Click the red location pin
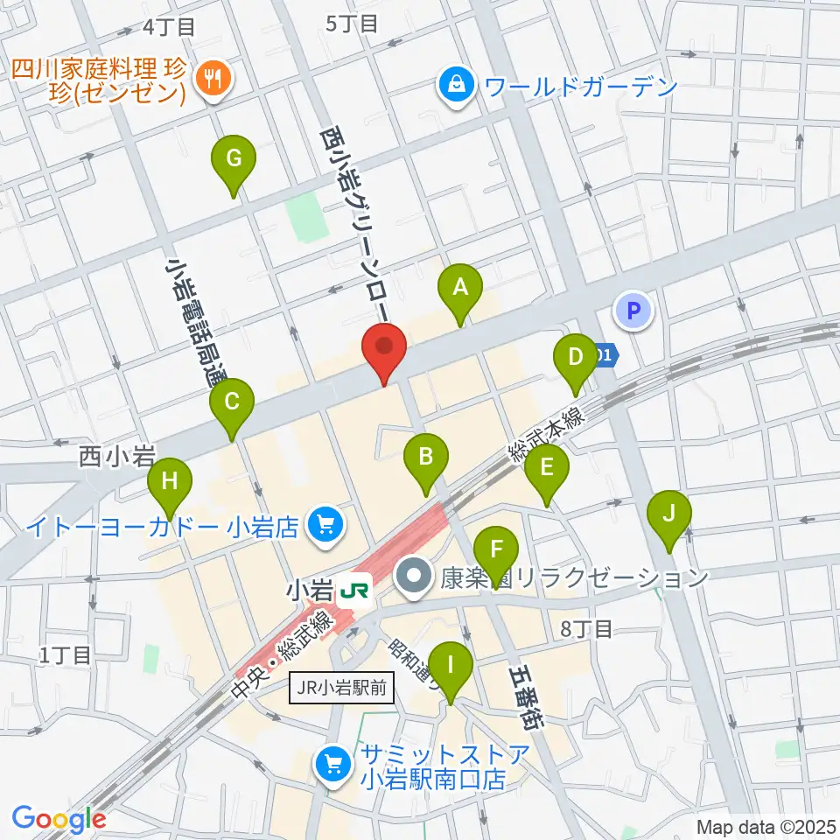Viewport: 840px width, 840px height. [x=385, y=347]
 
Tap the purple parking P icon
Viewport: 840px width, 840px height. [x=636, y=310]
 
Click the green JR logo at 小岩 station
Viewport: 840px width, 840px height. [x=354, y=591]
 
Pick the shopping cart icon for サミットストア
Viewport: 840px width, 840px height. [x=333, y=764]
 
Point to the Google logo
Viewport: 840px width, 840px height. [x=59, y=819]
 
